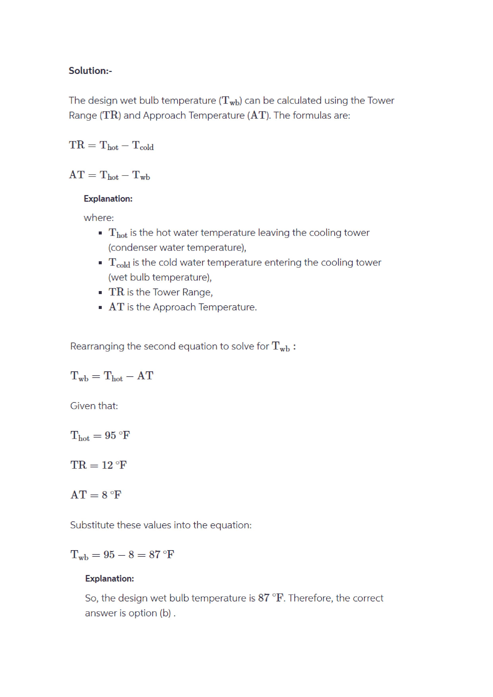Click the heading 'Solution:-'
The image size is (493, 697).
coord(90,71)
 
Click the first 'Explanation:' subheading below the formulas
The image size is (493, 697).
coord(108,199)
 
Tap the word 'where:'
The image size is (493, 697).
coord(99,218)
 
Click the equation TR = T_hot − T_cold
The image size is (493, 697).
coord(111,145)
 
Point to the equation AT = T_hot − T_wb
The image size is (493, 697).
coord(109,175)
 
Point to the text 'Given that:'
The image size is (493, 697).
coord(94,406)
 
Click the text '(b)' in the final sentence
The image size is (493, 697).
coord(166,613)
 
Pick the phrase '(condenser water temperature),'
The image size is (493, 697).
coord(177,248)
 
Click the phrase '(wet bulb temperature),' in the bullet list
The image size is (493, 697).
coord(160,277)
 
